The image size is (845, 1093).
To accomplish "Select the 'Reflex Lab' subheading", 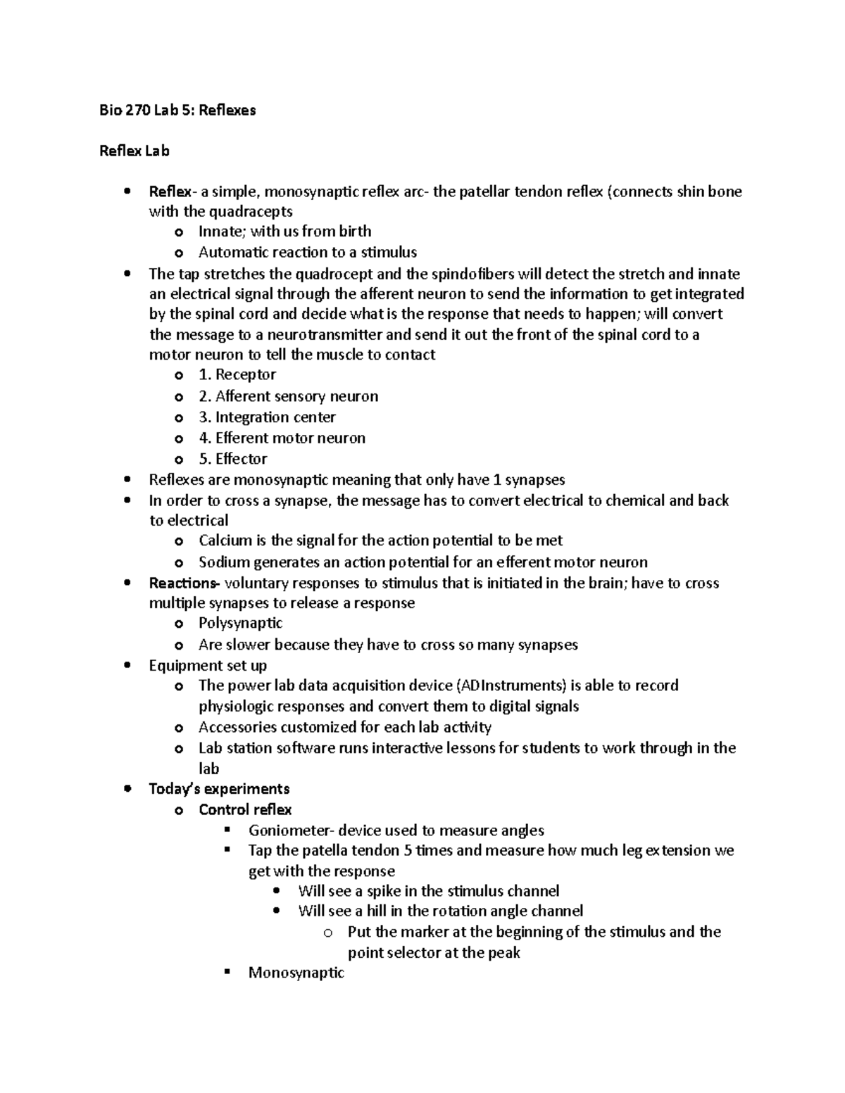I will [x=134, y=151].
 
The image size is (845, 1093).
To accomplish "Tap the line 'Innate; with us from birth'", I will [x=284, y=232].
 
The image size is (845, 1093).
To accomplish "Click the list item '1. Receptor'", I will [x=237, y=375].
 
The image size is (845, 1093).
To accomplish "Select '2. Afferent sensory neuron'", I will [x=288, y=396].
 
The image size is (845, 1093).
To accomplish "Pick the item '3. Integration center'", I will [x=267, y=417].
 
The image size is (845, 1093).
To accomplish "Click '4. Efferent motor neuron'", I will [x=282, y=438].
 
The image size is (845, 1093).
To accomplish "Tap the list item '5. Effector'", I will [x=233, y=459].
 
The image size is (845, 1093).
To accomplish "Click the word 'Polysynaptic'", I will [x=240, y=623].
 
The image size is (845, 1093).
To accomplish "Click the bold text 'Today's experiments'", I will [x=219, y=788].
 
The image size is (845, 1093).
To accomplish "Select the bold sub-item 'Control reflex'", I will [x=245, y=809].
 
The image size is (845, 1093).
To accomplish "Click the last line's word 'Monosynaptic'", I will [x=296, y=973].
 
